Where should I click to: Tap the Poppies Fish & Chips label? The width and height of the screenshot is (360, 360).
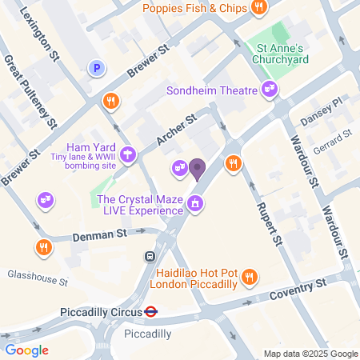click(195, 8)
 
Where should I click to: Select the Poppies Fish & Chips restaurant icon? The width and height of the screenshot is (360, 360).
click(258, 8)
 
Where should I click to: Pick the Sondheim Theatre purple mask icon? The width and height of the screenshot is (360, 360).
click(270, 90)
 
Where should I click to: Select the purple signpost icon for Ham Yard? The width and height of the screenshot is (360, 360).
click(126, 153)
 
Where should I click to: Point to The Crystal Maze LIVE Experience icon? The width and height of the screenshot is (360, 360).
click(194, 206)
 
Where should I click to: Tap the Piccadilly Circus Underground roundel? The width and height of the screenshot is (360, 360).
click(150, 311)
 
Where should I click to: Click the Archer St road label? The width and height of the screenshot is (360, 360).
click(177, 131)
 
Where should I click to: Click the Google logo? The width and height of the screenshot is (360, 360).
click(26, 350)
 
